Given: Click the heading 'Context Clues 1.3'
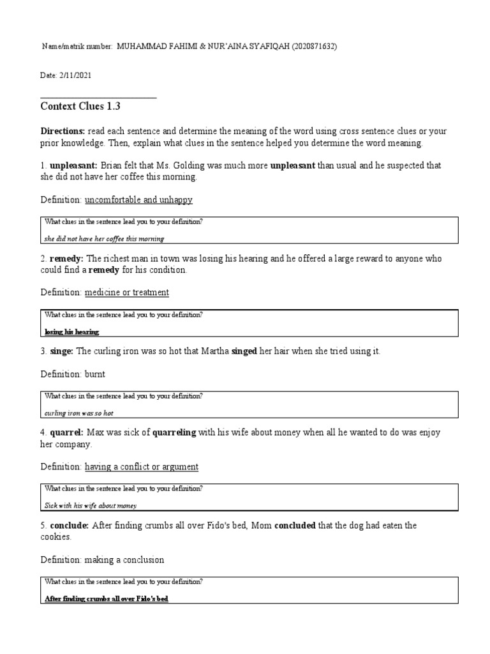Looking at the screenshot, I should (80, 107).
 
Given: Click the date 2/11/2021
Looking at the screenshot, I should (75, 75).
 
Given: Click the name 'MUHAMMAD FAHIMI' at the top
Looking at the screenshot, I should (157, 47).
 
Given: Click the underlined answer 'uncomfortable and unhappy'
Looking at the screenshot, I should (138, 200).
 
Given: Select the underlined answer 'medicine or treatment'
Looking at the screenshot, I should (127, 293).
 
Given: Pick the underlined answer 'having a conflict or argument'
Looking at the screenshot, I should (142, 467).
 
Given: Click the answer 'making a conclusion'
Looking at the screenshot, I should (124, 559).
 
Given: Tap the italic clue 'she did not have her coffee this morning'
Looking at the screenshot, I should (104, 239).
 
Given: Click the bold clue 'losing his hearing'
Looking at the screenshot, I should (72, 332).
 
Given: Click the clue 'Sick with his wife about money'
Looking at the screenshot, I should (91, 505).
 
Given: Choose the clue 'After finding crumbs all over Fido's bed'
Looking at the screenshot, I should (106, 599).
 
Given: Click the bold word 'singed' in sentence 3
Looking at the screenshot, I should (244, 352).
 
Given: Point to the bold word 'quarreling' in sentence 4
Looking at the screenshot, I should (175, 432).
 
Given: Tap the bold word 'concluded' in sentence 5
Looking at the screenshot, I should (295, 525).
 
